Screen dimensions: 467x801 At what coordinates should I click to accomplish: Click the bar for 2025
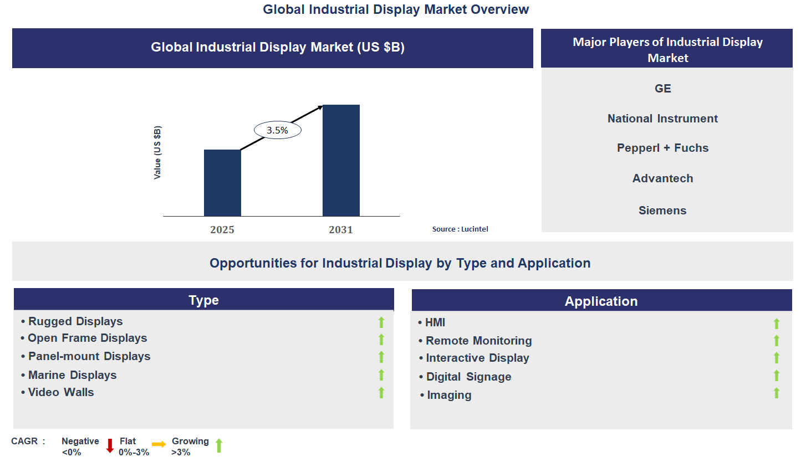[222, 183]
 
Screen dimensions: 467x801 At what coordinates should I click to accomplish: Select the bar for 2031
[341, 160]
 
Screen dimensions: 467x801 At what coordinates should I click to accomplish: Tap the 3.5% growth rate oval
[277, 130]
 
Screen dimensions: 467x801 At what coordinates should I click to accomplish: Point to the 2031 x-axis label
[340, 229]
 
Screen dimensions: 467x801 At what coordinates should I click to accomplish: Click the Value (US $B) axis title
[157, 152]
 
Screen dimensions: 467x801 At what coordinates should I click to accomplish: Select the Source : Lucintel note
[460, 229]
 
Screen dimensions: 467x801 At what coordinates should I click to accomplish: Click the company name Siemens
[662, 211]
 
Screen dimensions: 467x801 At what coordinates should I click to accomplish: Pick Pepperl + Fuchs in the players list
[662, 148]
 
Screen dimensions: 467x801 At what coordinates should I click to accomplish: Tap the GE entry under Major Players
[662, 89]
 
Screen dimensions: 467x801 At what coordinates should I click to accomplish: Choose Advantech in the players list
[662, 178]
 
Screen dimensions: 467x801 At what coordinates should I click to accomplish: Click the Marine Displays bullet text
[72, 375]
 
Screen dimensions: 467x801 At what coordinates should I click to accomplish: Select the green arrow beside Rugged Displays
[381, 322]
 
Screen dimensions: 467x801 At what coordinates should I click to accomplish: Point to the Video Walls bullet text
[61, 392]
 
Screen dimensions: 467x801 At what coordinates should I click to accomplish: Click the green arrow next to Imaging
[777, 393]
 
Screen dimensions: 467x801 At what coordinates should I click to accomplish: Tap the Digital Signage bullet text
[468, 377]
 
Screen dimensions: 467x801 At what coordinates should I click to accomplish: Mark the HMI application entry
[435, 322]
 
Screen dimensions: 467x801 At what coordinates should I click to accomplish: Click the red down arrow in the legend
[110, 445]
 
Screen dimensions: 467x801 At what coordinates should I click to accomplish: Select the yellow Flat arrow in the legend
[159, 444]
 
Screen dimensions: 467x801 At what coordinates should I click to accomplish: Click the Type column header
[203, 300]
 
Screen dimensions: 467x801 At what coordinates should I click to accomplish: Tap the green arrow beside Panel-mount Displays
[381, 357]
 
